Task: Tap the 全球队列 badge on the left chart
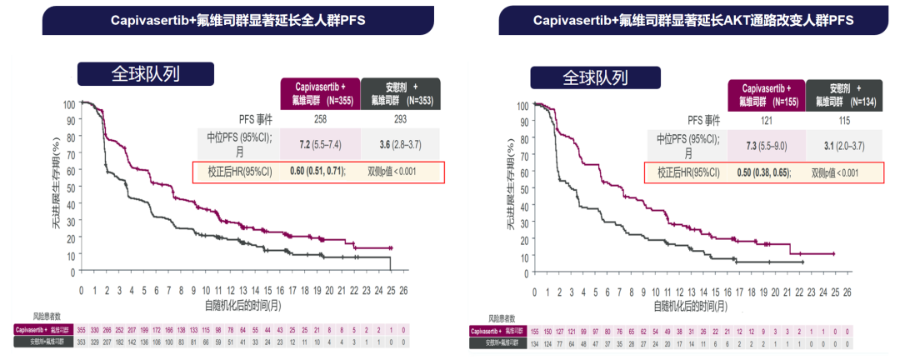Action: tap(141, 73)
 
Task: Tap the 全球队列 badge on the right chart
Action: tap(594, 77)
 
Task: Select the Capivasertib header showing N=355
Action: tap(319, 93)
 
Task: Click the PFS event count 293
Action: tap(401, 121)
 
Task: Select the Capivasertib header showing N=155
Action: tap(767, 94)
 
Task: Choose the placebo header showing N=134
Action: tap(845, 94)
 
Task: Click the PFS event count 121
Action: tap(767, 122)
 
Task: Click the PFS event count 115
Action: tap(845, 122)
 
